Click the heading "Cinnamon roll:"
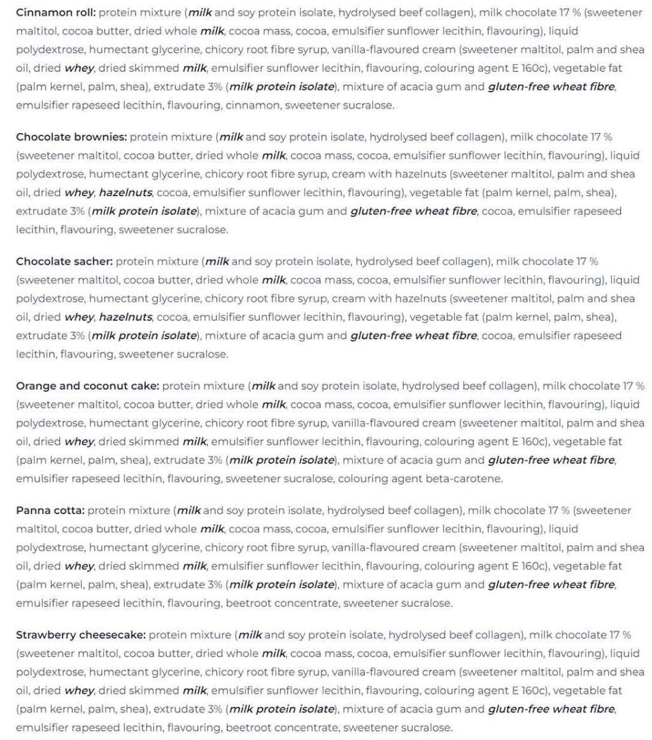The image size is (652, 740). pos(56,12)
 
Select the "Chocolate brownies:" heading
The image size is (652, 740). pos(71,137)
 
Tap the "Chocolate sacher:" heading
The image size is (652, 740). pos(64,261)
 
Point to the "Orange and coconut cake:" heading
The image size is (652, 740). pos(88,386)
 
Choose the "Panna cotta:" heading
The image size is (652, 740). pos(50,510)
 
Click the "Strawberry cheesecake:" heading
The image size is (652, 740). pos(81,635)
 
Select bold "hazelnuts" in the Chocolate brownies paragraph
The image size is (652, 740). pos(125,193)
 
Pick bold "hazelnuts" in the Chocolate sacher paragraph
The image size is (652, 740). pos(125,317)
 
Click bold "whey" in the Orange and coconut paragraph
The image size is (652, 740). pos(80,442)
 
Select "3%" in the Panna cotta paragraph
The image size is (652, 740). pos(213,585)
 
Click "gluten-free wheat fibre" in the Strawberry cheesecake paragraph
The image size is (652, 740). pos(551,709)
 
